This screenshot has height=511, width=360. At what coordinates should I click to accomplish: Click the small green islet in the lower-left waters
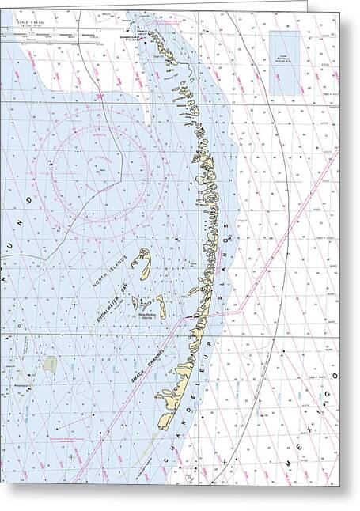pos(50,365)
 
